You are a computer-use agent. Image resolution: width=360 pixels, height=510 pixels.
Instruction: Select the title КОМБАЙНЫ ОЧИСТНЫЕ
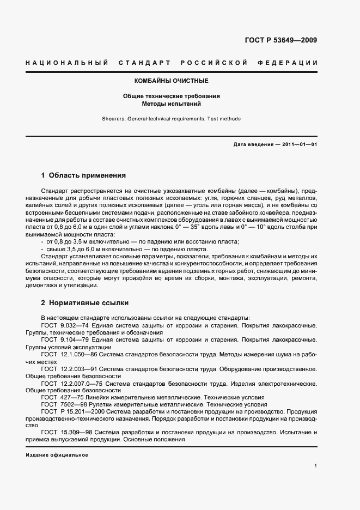click(172, 81)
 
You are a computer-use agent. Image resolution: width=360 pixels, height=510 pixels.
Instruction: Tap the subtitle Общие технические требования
click(172, 96)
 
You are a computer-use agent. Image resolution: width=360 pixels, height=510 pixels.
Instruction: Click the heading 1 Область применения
click(83, 175)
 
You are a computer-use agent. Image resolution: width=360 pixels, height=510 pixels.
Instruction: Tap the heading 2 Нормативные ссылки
click(84, 302)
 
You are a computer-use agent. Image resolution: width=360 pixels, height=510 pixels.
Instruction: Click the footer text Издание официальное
click(57, 454)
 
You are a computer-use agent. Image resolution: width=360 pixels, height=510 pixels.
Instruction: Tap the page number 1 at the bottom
click(316, 466)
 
